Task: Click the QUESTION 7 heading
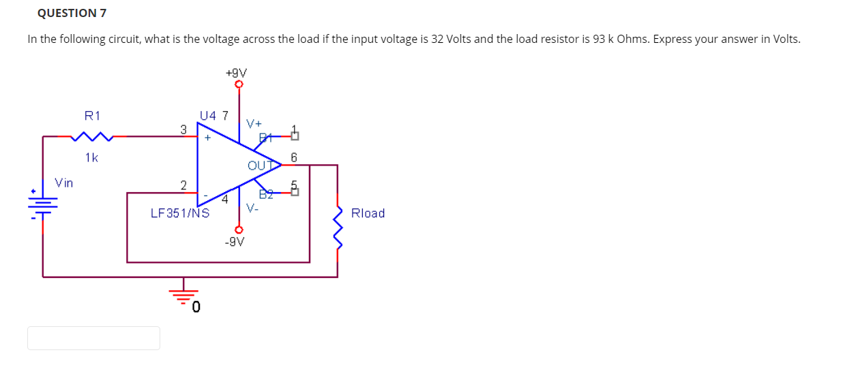pos(67,13)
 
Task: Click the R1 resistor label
pos(91,116)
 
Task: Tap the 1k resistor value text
pos(91,157)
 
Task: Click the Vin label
pos(64,183)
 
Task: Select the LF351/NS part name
pos(179,213)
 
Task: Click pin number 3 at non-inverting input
pos(183,128)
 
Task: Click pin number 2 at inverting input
pos(183,185)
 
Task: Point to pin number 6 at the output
pos(294,157)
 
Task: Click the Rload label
pos(368,213)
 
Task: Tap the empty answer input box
pos(93,338)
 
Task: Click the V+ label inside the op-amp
pos(254,124)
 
